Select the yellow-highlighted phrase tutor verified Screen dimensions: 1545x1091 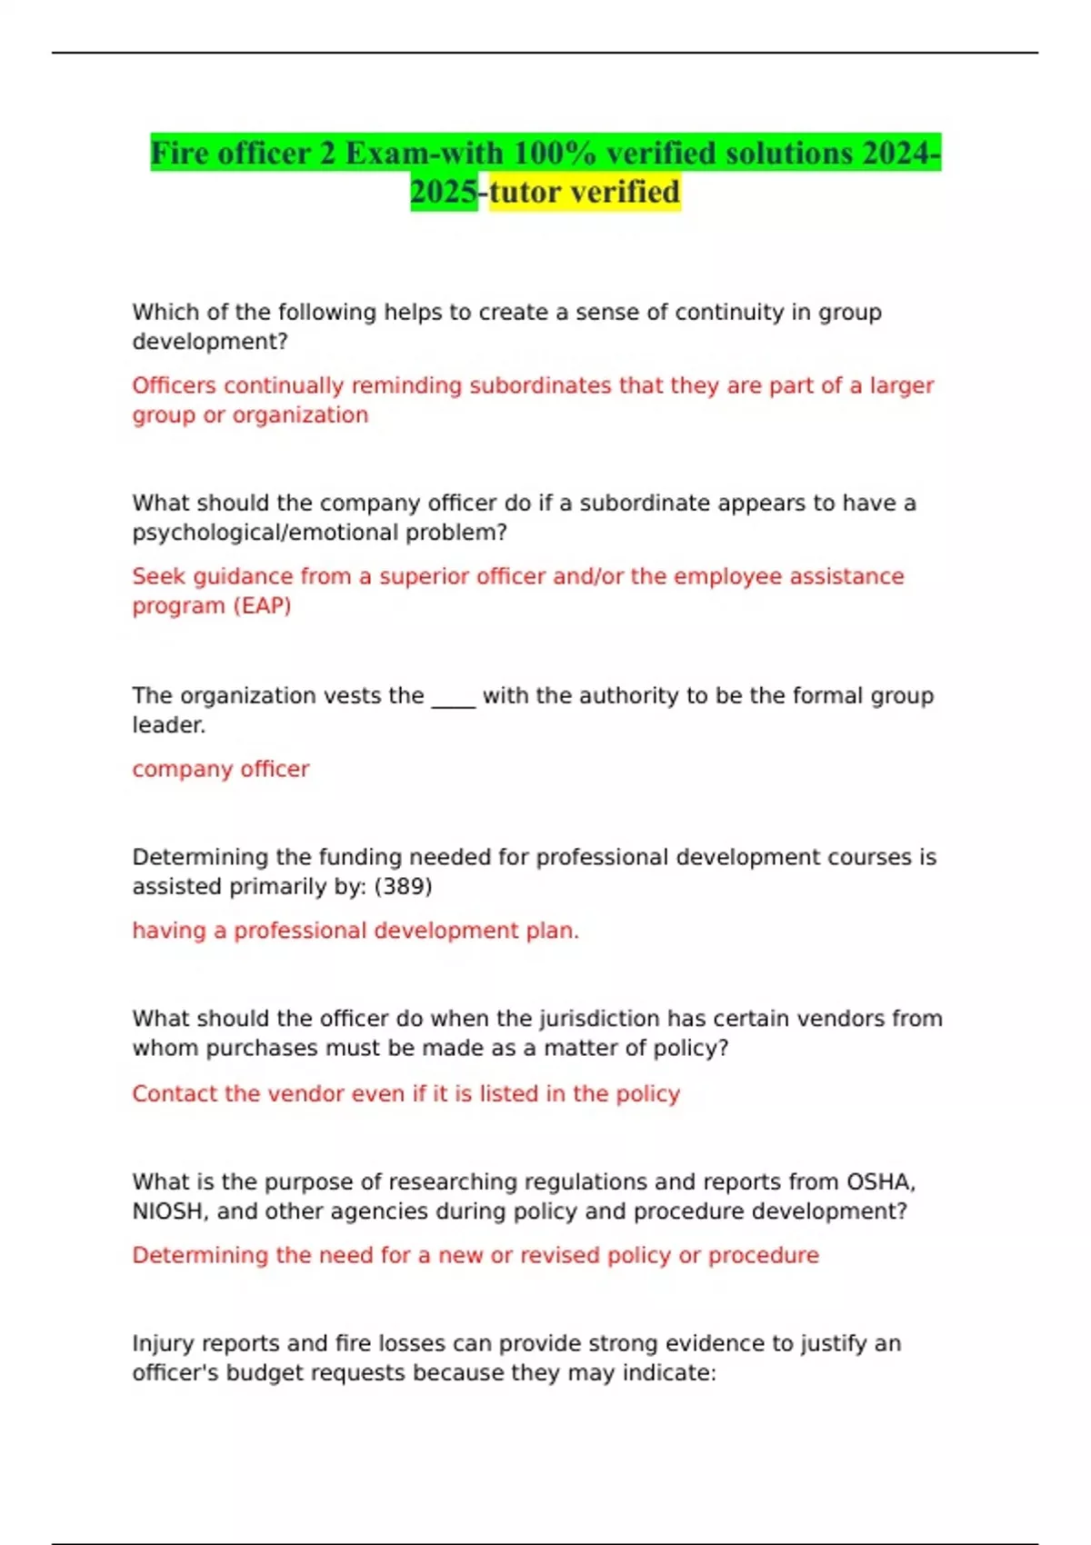585,193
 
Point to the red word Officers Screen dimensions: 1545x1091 174,385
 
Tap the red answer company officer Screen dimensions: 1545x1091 221,769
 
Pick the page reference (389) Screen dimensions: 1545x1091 403,886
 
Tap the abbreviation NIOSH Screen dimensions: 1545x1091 171,1211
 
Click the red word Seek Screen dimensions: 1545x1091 158,576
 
